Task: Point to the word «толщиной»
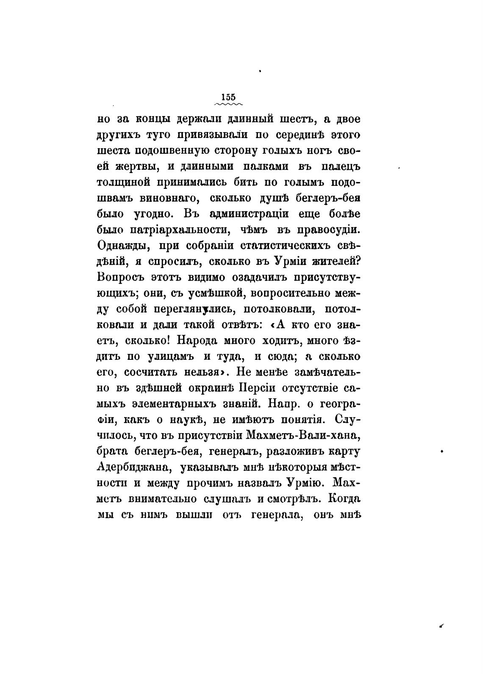pos(124,182)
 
